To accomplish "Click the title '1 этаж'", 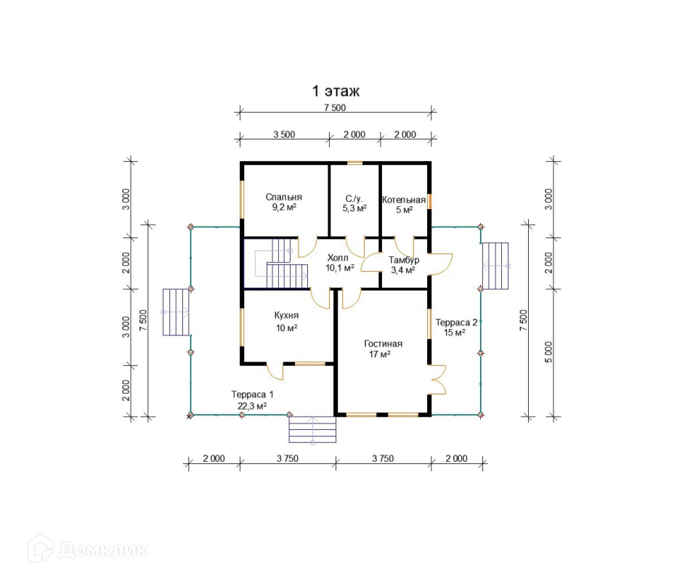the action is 336,92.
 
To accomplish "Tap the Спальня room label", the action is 284,197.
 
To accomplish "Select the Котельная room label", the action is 404,200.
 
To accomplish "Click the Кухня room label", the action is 286,316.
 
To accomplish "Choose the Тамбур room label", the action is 403,260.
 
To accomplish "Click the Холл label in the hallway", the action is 338,258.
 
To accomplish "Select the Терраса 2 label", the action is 456,322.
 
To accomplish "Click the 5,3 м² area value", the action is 354,208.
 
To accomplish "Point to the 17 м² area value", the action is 381,354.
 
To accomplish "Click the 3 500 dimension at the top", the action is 283,134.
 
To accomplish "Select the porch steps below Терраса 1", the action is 313,429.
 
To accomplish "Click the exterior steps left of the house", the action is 175,312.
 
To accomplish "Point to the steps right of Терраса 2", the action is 496,266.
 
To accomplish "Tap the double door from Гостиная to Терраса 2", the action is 437,380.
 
